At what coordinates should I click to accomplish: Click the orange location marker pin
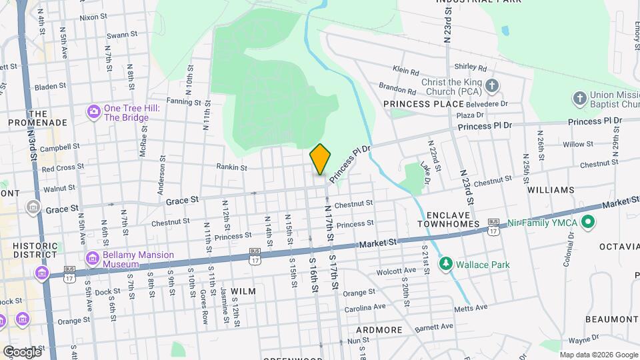pos(321,159)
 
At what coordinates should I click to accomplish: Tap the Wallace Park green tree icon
pos(445,264)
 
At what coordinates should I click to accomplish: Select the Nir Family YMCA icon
pos(588,223)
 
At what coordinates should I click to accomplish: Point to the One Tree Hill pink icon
pos(93,111)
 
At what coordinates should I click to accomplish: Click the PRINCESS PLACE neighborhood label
pos(423,104)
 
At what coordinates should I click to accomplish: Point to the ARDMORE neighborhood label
pos(379,330)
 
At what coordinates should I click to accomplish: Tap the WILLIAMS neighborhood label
pos(550,190)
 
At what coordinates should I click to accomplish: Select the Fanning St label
pos(184,102)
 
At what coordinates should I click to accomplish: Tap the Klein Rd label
pos(405,70)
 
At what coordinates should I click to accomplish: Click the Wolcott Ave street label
pos(396,271)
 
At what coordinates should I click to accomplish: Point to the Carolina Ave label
pos(365,307)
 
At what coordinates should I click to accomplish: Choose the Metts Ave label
pos(471,307)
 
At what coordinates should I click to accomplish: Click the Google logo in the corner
pos(21,351)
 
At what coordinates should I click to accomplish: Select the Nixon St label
pos(93,18)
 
